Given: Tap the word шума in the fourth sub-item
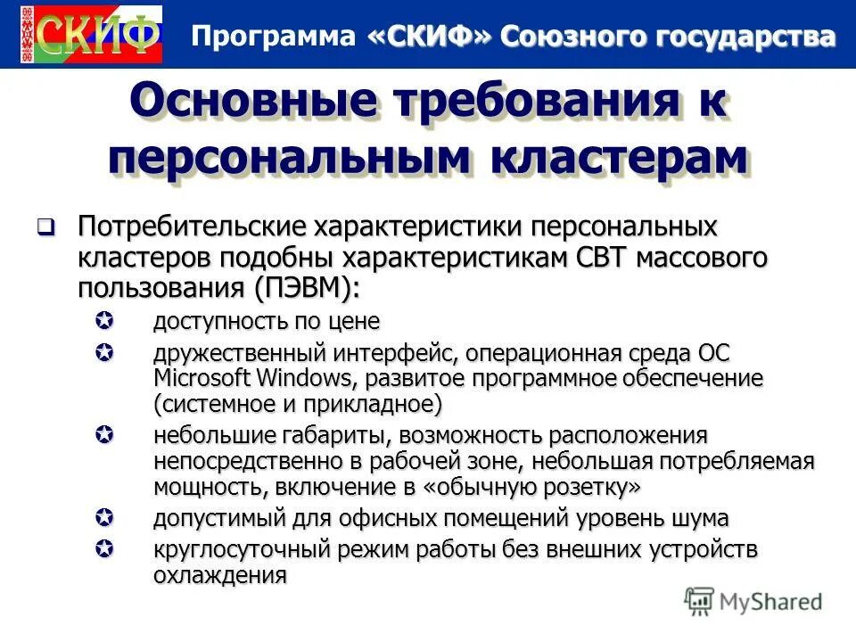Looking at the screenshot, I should click(701, 517).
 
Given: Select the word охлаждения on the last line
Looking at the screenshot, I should click(220, 575).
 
